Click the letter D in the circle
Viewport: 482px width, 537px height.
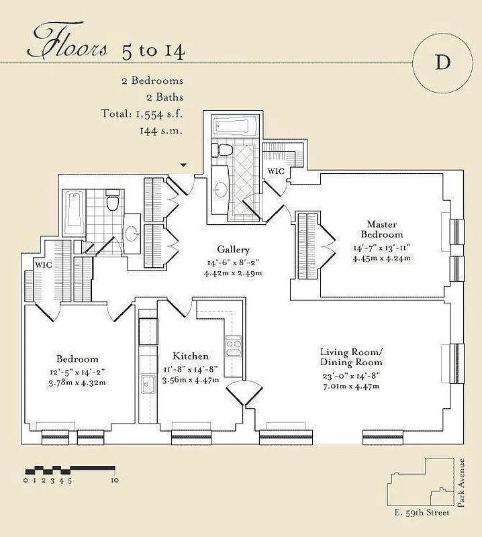(x=442, y=63)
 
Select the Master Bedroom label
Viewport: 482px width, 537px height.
(x=381, y=229)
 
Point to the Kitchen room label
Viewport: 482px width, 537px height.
(x=191, y=356)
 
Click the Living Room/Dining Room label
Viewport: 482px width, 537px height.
(x=351, y=357)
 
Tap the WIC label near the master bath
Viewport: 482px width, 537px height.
(x=276, y=172)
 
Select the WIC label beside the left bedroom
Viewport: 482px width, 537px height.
(x=44, y=265)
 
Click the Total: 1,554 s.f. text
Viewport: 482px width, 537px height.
(x=141, y=113)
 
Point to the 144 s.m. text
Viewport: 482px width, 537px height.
(x=161, y=130)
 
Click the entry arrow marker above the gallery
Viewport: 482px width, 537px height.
(x=183, y=165)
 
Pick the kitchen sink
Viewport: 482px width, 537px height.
(x=147, y=385)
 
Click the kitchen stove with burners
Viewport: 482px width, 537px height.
(x=233, y=346)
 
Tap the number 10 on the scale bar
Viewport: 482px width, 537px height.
(x=115, y=480)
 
